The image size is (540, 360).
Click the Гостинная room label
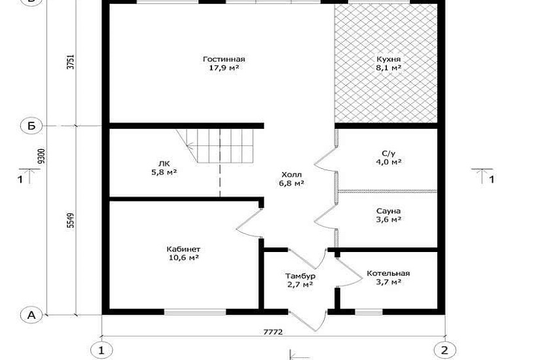224,63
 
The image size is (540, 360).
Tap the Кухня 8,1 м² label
388,63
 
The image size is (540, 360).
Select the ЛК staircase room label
164,168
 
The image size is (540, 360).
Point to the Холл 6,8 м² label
291,179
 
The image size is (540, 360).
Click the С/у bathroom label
388,158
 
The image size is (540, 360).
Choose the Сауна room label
388,215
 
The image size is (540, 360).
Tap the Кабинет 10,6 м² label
183,253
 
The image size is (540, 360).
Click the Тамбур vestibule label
300,280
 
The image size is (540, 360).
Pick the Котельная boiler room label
388,278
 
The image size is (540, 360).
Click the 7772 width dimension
273,332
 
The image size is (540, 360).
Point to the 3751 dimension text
71,62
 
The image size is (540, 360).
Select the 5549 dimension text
71,221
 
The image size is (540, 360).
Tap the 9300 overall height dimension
42,156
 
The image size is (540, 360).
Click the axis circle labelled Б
31,126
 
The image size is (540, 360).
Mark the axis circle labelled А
31,315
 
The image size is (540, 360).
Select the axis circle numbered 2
445,350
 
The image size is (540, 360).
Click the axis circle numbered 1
101,350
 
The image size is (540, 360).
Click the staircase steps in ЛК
221,146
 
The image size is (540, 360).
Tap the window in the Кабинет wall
195,312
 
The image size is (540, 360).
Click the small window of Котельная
369,312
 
